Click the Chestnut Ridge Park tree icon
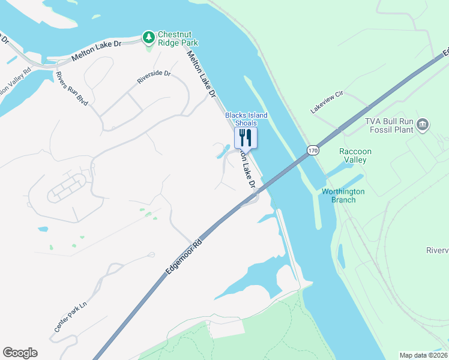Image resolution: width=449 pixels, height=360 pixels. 148,37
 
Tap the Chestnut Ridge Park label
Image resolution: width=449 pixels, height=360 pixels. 178,38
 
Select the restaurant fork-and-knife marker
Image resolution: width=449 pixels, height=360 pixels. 246,137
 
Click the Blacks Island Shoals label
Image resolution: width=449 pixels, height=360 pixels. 246,119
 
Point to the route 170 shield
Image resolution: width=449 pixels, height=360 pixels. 312,150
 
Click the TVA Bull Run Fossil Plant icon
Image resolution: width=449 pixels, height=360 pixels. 423,125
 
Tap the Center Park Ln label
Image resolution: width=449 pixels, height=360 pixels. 71,317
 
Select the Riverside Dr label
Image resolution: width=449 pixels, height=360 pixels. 154,77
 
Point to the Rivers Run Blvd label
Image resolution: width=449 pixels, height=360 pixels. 71,89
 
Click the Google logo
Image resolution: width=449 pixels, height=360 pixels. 20,353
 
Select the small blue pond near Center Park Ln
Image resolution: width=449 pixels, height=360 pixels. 42,229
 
